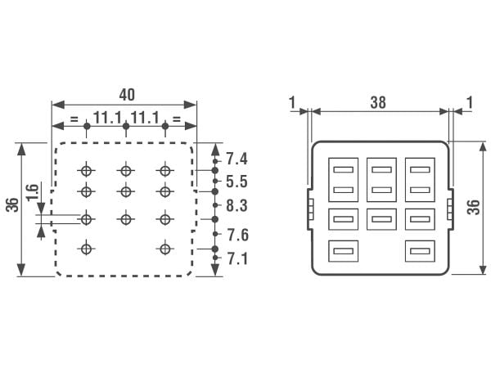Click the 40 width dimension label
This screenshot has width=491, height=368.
[127, 95]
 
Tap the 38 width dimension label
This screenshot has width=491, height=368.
[378, 103]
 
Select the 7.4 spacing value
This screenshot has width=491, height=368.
[236, 159]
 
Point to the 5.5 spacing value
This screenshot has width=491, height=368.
[236, 182]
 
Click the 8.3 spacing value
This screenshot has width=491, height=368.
[236, 205]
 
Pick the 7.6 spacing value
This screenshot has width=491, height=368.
[237, 235]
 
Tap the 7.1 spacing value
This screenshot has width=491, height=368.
[237, 258]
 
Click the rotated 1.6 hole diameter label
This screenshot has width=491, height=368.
[32, 193]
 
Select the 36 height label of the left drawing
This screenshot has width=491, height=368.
[12, 205]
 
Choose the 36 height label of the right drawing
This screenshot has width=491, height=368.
[474, 207]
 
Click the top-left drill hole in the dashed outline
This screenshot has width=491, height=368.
[87, 171]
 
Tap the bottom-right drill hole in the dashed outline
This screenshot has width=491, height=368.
[165, 249]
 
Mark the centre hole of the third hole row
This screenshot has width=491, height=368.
[126, 219]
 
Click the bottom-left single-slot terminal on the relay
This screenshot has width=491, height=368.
[343, 251]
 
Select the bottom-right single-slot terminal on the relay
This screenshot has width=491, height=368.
[420, 251]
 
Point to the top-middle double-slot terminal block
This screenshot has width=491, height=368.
[381, 180]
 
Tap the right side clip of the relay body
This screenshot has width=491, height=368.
[450, 209]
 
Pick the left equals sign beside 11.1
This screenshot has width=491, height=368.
[74, 119]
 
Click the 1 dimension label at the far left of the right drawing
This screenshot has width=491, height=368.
[292, 102]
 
